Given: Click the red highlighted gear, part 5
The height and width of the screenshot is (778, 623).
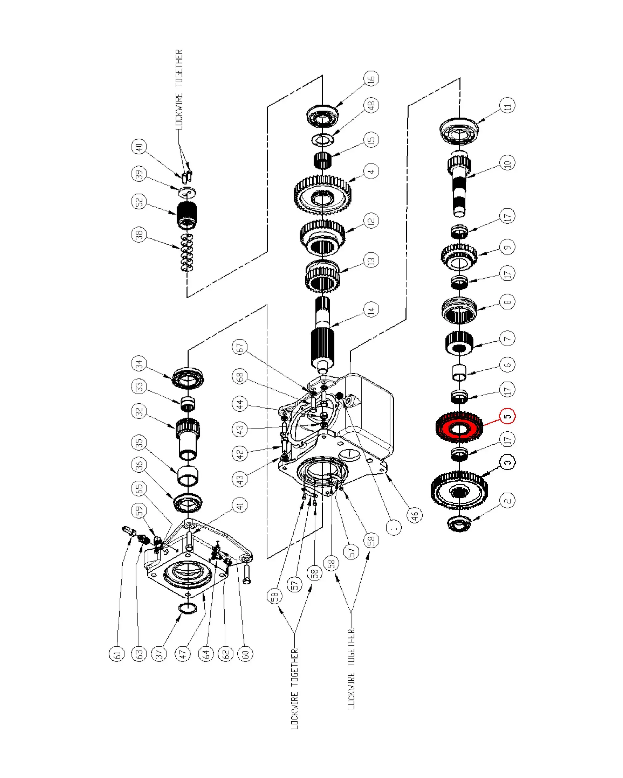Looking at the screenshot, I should pos(459,428).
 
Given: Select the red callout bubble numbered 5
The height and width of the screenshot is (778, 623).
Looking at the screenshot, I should pos(507,416).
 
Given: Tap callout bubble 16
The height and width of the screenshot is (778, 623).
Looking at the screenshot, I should pos(371,78).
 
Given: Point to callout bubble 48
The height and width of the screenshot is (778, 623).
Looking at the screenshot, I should pos(371,105).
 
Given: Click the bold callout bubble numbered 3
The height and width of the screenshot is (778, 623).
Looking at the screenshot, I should pos(507,462).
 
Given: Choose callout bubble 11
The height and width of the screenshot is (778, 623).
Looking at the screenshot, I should pos(507,106).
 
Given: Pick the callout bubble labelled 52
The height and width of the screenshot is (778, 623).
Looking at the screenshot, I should pos(139,202).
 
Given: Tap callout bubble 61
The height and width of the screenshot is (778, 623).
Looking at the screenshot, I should pos(117,654).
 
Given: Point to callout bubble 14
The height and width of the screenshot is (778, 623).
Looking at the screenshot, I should pos(371,310).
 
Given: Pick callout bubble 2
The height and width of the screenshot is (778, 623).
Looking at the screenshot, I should pos(507,500).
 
